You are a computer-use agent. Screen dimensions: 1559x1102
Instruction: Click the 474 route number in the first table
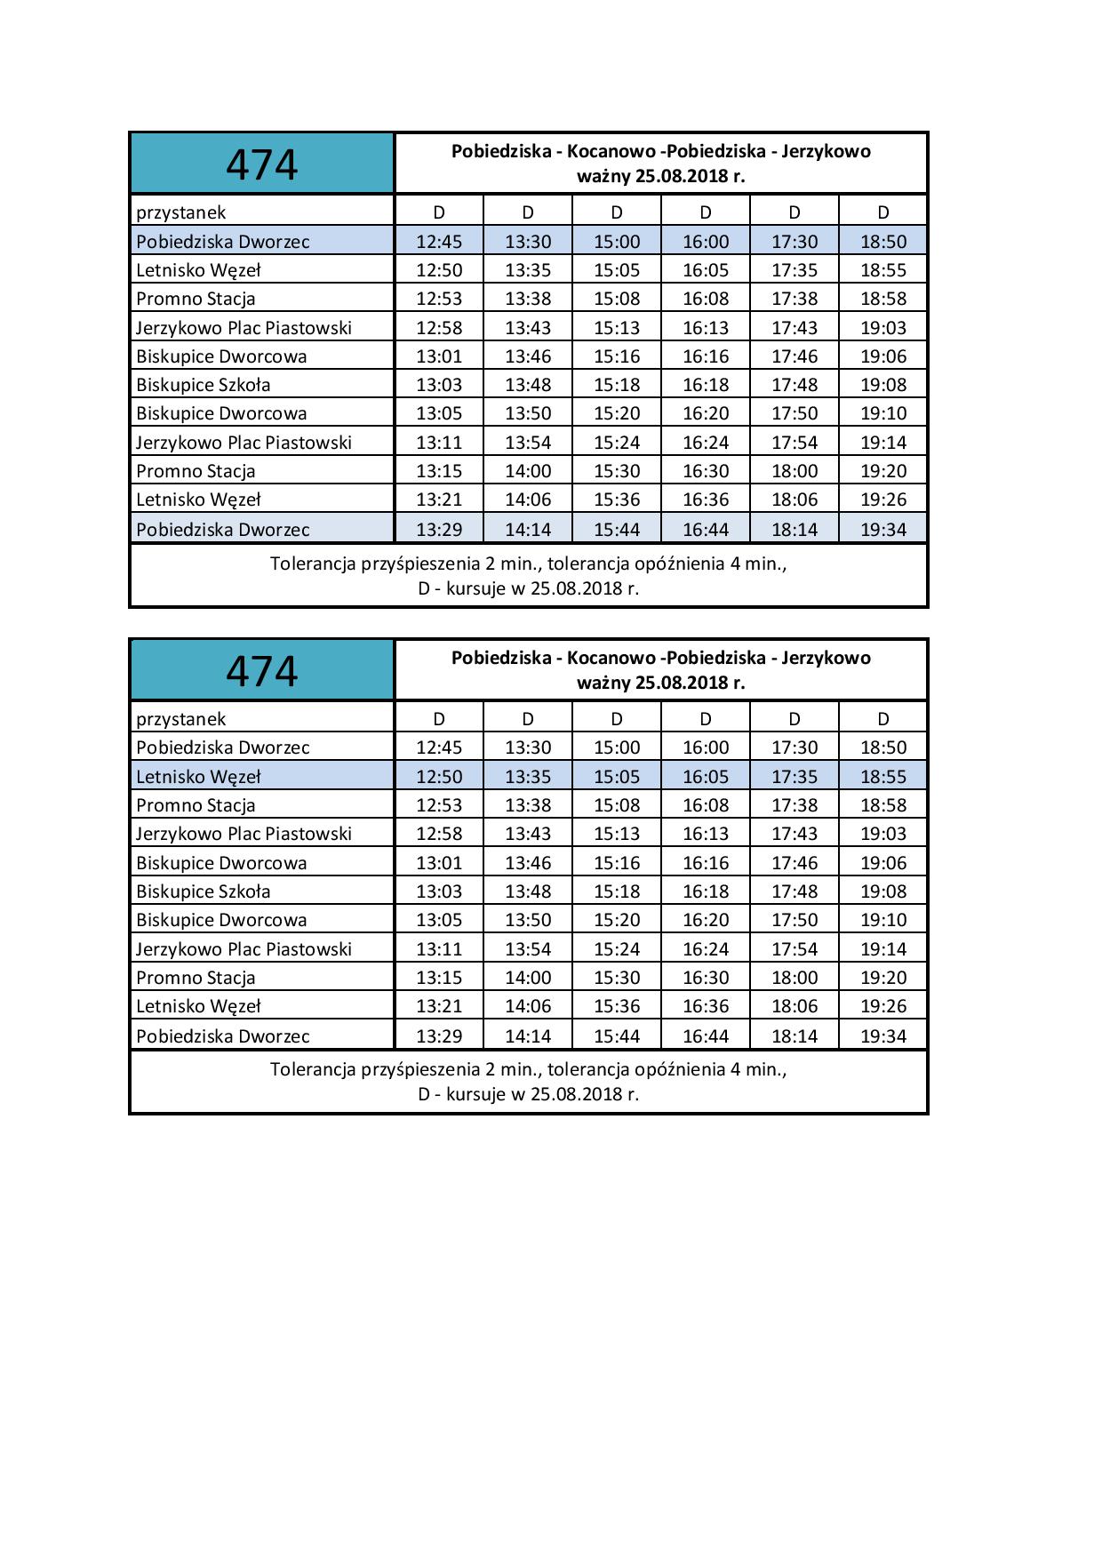tap(261, 164)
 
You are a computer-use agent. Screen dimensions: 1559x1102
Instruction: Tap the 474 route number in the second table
tap(261, 671)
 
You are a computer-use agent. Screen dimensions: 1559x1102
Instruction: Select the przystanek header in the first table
tap(181, 212)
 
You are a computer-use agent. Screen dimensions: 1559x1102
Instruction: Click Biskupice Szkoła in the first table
tap(204, 385)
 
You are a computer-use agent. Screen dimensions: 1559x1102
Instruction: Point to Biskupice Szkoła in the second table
tap(204, 891)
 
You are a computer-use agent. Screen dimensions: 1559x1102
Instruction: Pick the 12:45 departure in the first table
tap(439, 242)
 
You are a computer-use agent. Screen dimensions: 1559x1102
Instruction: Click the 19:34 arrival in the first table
tap(883, 530)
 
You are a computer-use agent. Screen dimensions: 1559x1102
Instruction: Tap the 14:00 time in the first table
tap(528, 471)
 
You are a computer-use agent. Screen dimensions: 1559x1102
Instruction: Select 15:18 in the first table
tap(617, 385)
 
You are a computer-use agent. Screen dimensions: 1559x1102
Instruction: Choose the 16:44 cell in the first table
tap(706, 530)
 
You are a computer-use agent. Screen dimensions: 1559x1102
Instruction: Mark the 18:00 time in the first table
tap(795, 471)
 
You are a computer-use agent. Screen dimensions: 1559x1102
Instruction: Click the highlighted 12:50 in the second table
tap(439, 777)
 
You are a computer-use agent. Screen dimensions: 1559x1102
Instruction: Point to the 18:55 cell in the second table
tap(883, 777)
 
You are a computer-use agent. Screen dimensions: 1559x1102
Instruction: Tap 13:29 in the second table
tap(439, 1036)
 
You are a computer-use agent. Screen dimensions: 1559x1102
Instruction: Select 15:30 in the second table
tap(617, 978)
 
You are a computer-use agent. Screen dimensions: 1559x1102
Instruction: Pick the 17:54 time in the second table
tap(795, 949)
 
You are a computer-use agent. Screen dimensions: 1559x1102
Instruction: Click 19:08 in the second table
tap(883, 891)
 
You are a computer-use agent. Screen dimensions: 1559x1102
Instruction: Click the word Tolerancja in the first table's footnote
tap(313, 564)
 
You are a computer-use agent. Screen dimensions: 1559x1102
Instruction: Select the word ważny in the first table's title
tap(603, 176)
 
